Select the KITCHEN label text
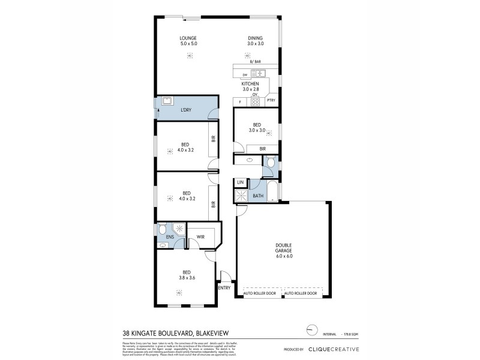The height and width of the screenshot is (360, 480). click(250, 83)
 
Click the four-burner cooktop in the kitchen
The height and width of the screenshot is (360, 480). click(255, 102)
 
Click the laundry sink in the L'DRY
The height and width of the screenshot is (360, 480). click(166, 101)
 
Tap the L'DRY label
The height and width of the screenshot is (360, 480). click(186, 109)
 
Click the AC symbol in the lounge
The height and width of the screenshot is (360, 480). click(189, 56)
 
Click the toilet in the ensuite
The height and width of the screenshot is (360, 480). click(162, 230)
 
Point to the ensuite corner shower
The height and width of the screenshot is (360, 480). click(178, 229)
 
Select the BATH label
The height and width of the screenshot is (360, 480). click(258, 196)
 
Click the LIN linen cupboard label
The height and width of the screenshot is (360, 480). click(240, 182)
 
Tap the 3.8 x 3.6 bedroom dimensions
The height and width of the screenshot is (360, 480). click(187, 278)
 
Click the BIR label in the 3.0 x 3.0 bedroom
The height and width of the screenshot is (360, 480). click(263, 148)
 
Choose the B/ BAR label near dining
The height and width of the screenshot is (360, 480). click(255, 62)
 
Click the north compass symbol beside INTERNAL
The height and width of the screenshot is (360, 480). click(310, 329)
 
